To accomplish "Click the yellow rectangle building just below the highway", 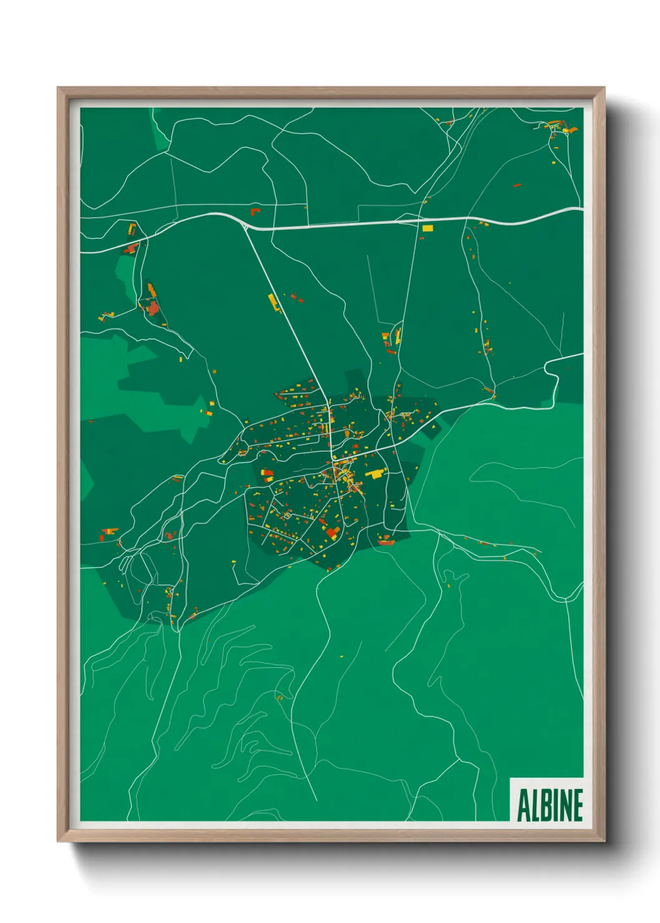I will tap(427, 228).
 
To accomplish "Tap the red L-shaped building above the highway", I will tap(255, 211).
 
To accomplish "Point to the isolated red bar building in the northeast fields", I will tap(517, 185).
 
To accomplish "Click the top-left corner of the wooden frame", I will tap(58, 89).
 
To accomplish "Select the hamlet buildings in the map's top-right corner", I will tap(557, 129).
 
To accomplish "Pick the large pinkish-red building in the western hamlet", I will tap(152, 306).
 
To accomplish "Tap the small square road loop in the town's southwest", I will tap(287, 515).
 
